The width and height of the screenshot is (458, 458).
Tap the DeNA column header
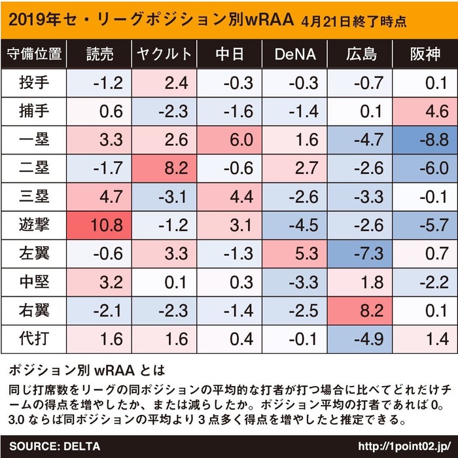tap(294, 54)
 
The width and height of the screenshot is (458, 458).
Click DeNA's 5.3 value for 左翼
tap(294, 253)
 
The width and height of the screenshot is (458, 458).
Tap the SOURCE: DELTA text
tap(55, 446)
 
